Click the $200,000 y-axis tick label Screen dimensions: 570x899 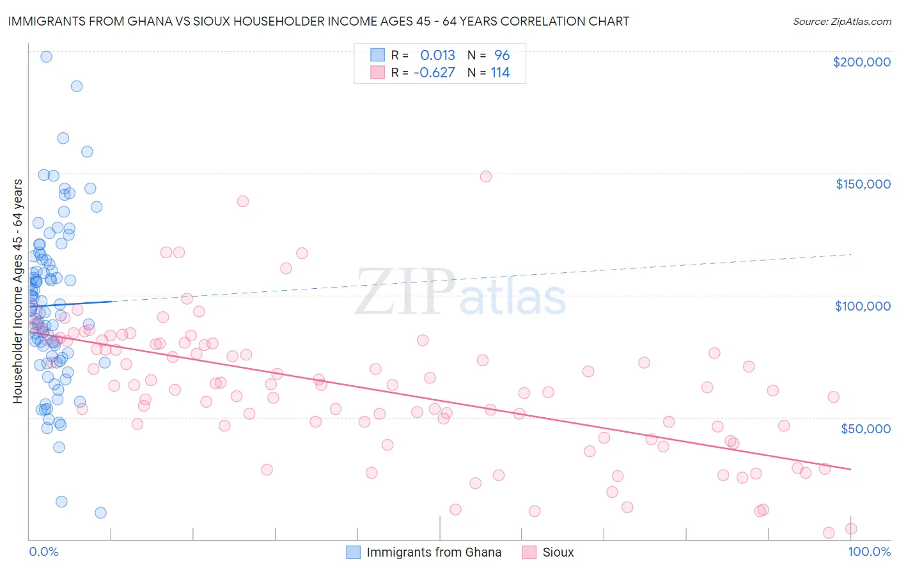click(x=861, y=62)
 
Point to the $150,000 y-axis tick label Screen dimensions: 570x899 click(x=863, y=184)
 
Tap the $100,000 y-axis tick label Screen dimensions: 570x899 click(x=863, y=306)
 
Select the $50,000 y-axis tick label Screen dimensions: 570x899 click(x=865, y=428)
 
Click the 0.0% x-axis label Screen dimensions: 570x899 click(x=43, y=551)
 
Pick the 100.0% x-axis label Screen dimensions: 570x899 click(x=869, y=551)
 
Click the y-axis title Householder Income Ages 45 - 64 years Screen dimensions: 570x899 click(x=18, y=291)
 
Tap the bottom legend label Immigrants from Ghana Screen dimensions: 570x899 click(x=434, y=552)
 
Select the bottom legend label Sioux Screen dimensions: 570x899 click(x=558, y=552)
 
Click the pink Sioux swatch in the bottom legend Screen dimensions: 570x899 click(x=529, y=552)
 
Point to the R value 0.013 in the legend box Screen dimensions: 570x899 click(x=437, y=55)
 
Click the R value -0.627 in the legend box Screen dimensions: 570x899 click(x=434, y=72)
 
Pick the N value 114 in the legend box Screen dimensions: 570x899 click(x=500, y=72)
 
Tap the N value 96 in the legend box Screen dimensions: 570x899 click(x=502, y=55)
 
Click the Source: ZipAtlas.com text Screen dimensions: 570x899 click(x=841, y=22)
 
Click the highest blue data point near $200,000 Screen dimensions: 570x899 click(x=46, y=56)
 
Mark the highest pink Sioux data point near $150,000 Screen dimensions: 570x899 click(x=486, y=176)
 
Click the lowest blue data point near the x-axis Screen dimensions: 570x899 click(x=100, y=512)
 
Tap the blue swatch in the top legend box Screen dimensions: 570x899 click(x=377, y=55)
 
